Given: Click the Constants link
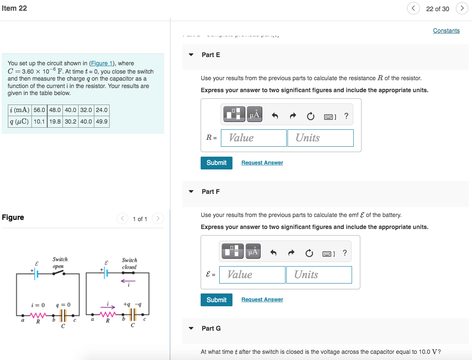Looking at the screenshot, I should click(x=446, y=31).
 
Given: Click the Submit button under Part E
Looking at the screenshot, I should click(x=216, y=163).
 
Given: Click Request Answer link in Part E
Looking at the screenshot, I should click(x=262, y=163).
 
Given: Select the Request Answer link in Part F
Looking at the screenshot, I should click(x=262, y=300).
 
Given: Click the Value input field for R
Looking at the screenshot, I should click(x=254, y=138).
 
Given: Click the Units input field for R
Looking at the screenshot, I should click(x=320, y=138).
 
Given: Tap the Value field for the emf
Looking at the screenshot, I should click(x=252, y=275).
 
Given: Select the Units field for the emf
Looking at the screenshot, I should click(x=319, y=275).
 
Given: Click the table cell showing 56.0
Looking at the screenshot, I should click(x=39, y=110).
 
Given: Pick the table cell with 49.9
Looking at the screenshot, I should click(x=101, y=122).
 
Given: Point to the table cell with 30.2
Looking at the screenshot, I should click(x=70, y=122).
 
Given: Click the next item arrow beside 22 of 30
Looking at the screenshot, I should click(x=462, y=9).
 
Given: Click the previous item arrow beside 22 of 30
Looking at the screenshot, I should click(x=413, y=9).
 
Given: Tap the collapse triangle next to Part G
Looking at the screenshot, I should click(x=191, y=329).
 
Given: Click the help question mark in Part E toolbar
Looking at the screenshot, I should click(x=346, y=117).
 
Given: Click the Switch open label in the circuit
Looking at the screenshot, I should click(x=60, y=263).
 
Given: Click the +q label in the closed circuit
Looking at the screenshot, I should click(x=127, y=304).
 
